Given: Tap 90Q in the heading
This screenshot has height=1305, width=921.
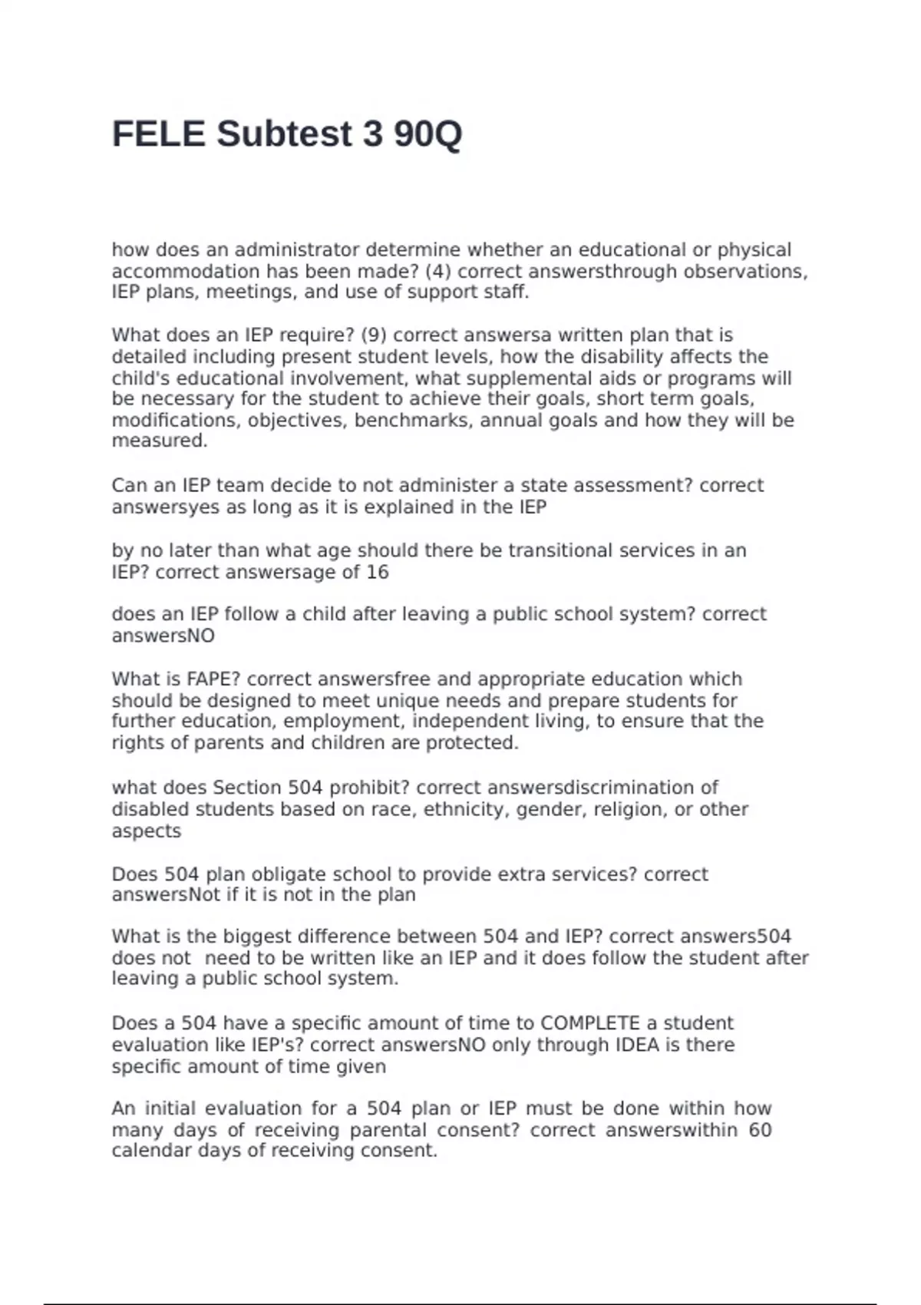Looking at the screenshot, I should point(427,134).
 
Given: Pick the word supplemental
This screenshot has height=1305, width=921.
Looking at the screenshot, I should point(500,378).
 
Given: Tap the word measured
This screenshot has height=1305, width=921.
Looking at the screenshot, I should point(159,441).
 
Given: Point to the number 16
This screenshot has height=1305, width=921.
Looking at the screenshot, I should point(378,572).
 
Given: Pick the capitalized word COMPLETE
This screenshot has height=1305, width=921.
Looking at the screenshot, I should point(590,1023).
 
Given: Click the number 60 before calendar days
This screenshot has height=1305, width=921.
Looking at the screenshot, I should point(760,1130).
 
